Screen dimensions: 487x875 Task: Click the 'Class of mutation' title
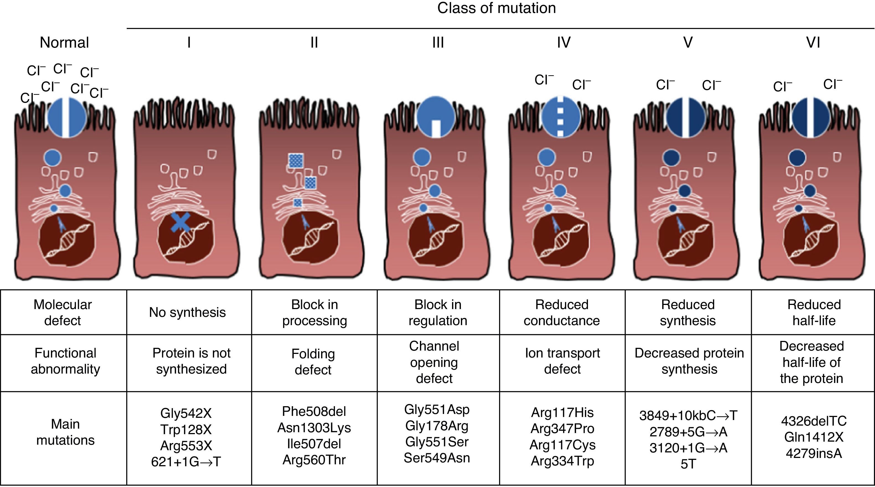[x=496, y=8]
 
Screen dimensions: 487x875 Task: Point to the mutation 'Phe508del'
[x=314, y=412]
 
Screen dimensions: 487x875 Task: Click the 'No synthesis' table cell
[x=187, y=312]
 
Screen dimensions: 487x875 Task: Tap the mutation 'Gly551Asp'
[x=437, y=410]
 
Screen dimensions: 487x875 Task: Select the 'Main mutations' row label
[x=65, y=432]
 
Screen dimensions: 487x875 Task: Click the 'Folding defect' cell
[x=313, y=362]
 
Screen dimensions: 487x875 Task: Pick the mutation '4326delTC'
[x=814, y=421]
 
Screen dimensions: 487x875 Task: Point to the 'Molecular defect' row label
[x=63, y=312]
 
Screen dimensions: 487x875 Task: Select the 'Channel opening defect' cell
[x=434, y=362]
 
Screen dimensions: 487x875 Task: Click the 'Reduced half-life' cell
[x=814, y=312]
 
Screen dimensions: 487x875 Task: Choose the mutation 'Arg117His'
[x=562, y=413]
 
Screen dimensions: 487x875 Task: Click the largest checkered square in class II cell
[x=296, y=161]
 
